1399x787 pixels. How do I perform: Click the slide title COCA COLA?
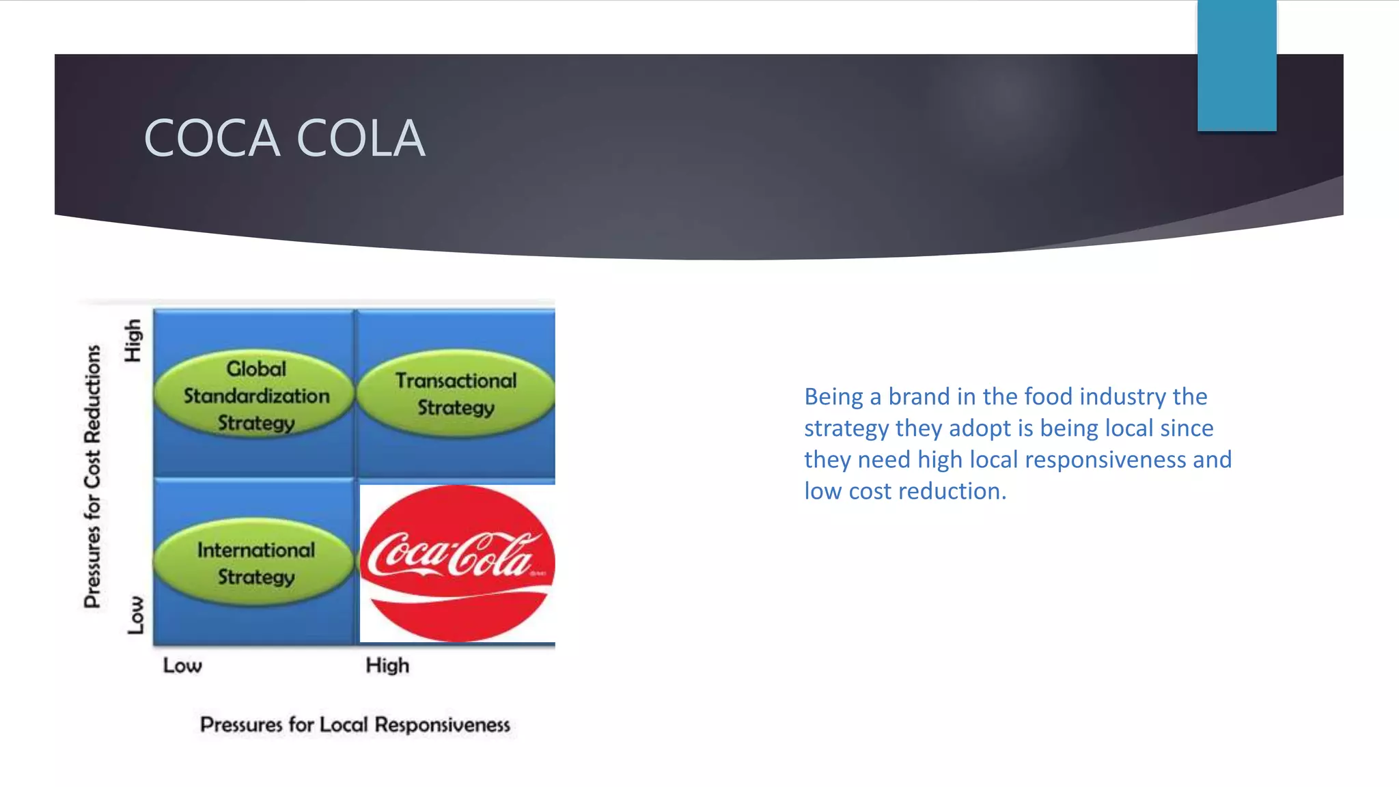point(284,138)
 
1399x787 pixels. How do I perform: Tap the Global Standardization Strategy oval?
point(255,396)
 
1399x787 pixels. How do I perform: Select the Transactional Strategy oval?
point(456,393)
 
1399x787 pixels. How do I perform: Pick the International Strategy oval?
point(255,563)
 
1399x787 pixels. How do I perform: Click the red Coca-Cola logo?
point(456,563)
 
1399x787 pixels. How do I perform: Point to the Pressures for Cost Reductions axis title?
point(92,476)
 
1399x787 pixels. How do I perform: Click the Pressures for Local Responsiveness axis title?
point(355,724)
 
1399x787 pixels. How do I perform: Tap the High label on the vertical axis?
point(133,340)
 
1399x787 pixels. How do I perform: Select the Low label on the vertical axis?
point(136,614)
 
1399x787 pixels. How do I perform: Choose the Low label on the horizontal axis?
point(182,665)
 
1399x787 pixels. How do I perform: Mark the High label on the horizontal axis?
point(387,665)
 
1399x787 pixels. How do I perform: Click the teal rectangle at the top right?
point(1236,66)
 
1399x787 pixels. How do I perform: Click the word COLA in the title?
point(361,138)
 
